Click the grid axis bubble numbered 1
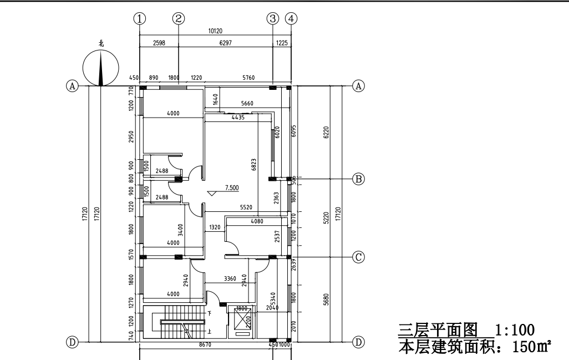click(x=141, y=18)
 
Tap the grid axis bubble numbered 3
click(x=272, y=18)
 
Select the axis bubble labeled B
click(x=359, y=179)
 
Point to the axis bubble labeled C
click(x=359, y=257)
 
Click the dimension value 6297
click(x=225, y=43)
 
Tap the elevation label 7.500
click(x=232, y=188)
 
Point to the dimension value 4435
click(x=239, y=118)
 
